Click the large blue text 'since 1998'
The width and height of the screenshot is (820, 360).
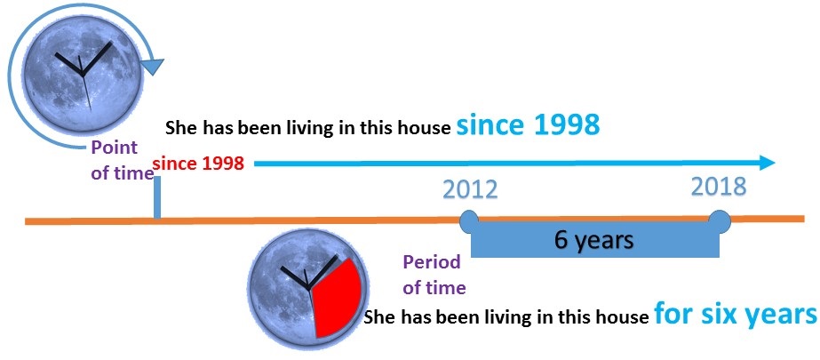click(528, 125)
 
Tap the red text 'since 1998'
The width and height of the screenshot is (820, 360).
click(203, 164)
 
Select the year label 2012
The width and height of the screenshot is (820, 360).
click(470, 190)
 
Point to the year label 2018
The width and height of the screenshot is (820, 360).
click(719, 187)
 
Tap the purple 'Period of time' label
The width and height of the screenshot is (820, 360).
click(434, 275)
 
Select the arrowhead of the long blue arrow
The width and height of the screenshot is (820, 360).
click(765, 163)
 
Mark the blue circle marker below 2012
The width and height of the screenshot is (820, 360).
click(470, 217)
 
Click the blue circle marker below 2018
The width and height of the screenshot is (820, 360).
click(719, 217)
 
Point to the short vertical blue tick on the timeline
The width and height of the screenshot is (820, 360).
click(157, 196)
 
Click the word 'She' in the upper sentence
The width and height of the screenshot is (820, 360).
click(180, 128)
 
